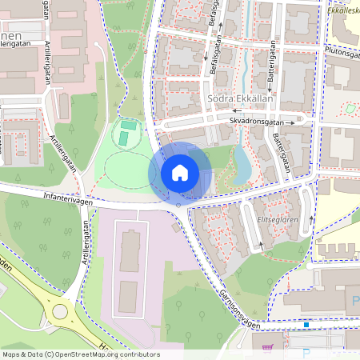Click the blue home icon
pos(180,172)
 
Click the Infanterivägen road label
pos(65,202)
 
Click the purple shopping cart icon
pos(266,347)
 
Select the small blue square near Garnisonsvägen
pos(307,325)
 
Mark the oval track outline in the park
pos(128,168)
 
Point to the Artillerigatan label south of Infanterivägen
pos(74,263)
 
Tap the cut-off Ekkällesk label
pos(343,12)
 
